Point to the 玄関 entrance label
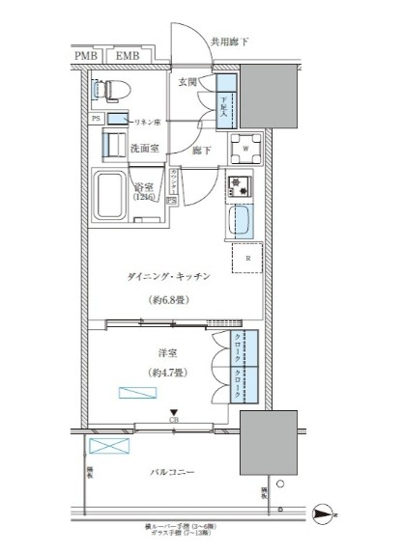(x=188, y=84)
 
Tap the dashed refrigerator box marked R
(x=247, y=259)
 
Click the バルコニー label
(x=174, y=472)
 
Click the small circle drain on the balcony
(x=279, y=484)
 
